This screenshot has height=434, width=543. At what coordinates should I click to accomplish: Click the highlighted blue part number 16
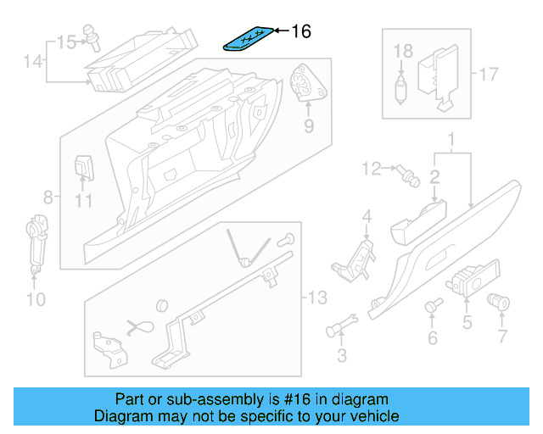[x=250, y=38]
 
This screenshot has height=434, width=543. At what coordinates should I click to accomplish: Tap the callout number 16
[x=301, y=31]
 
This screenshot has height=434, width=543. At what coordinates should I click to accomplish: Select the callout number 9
[x=308, y=126]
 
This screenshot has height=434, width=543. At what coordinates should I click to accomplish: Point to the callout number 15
[x=65, y=40]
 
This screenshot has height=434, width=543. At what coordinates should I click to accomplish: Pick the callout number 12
[x=372, y=170]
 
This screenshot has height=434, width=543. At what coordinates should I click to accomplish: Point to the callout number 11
[x=82, y=201]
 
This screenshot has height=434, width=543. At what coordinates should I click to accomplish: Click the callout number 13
[x=316, y=298]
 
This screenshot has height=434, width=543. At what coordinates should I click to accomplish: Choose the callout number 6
[x=433, y=339]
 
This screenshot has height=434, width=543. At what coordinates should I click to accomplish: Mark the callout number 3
[x=341, y=355]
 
